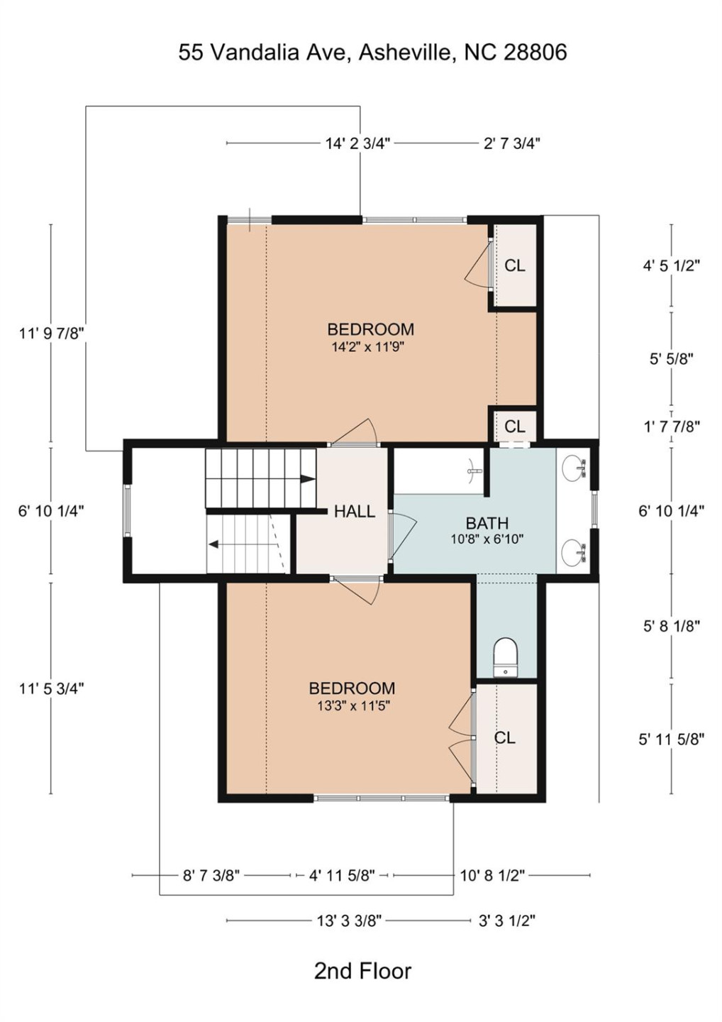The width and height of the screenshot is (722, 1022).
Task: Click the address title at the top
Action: coord(372,53)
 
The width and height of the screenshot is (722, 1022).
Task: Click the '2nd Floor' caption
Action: coord(362,971)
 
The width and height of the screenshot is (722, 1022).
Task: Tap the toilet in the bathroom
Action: coord(505,656)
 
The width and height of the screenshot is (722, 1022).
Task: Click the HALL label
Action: coord(354,511)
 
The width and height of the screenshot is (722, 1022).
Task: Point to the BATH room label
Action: coord(487,523)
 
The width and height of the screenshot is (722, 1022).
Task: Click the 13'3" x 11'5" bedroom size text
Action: coord(353,706)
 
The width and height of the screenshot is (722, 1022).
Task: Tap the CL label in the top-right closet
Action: coord(515,265)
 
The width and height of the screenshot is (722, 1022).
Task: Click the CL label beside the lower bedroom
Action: coord(504,738)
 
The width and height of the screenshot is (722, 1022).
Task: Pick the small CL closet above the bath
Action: coord(515,427)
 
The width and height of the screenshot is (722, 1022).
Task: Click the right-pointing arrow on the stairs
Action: coord(306,479)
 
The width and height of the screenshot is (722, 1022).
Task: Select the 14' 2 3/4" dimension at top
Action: coord(357,143)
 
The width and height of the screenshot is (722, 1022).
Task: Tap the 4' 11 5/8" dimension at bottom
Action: coord(342,875)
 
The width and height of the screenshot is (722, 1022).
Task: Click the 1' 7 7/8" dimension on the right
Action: coord(671,427)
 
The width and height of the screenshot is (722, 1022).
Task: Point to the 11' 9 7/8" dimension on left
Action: coord(52,333)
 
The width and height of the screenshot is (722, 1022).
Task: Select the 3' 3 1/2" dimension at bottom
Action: coord(506,921)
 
